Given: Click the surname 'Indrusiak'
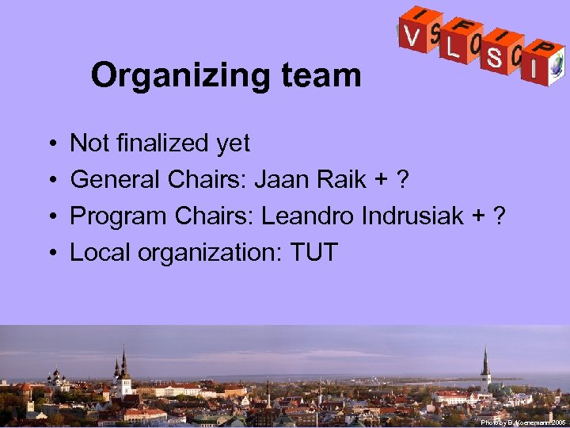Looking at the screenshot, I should tap(412, 216).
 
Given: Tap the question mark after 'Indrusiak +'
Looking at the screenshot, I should tap(499, 216).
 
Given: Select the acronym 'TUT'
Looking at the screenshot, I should tap(314, 253).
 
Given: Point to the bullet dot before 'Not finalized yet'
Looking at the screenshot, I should tap(50, 144).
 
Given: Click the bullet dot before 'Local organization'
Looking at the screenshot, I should tap(50, 254).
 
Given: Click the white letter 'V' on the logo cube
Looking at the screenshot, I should tap(411, 36).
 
